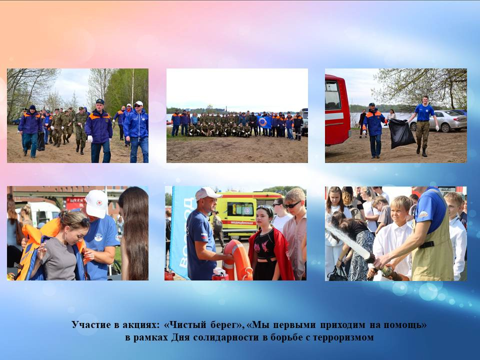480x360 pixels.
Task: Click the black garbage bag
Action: tap(401, 133)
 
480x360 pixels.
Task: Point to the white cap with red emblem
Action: tap(96, 203)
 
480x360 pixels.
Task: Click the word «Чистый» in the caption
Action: tap(185, 324)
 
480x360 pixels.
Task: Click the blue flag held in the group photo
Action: tap(264, 122)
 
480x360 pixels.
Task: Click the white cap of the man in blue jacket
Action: tap(138, 103)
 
